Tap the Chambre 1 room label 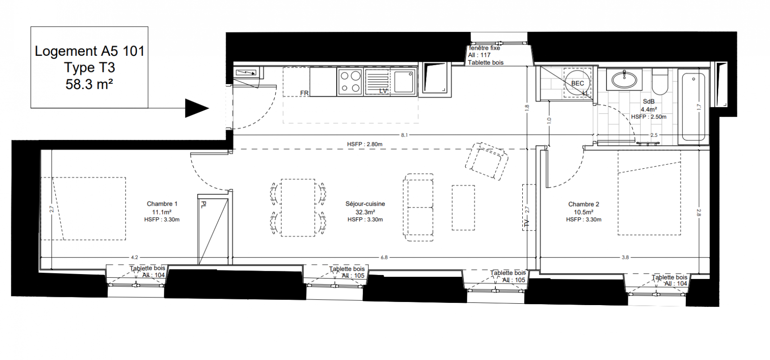[162, 204]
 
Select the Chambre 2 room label [584, 204]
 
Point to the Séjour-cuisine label [365, 204]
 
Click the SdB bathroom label [649, 102]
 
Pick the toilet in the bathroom [660, 81]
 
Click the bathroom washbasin [624, 80]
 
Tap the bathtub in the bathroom [693, 107]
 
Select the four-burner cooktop [350, 82]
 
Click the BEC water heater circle [577, 83]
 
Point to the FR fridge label [304, 93]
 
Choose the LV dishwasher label [383, 91]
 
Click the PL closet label [203, 205]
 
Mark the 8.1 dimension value [404, 135]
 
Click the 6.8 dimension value [384, 257]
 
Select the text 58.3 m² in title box [89, 84]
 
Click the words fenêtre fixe [485, 48]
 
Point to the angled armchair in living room [487, 161]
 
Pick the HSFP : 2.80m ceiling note [365, 144]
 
